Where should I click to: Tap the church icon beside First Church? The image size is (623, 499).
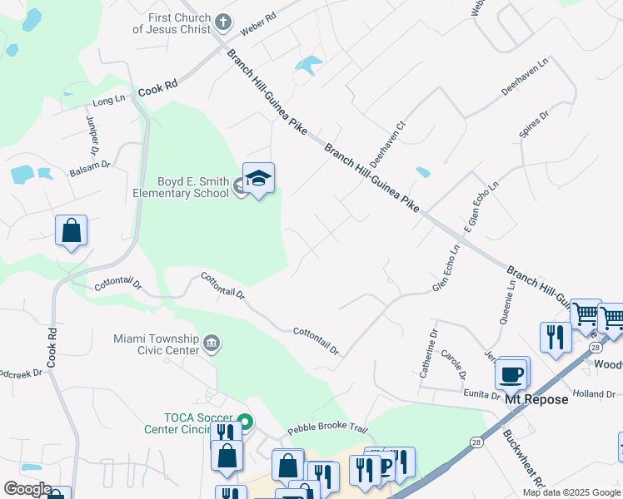tap(223, 22)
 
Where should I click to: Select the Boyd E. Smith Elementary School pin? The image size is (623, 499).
tap(258, 179)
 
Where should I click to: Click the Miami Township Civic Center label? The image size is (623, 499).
tap(157, 344)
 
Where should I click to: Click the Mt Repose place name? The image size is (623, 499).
tap(536, 399)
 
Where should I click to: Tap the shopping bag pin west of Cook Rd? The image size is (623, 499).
tap(72, 230)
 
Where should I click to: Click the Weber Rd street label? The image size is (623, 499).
tap(257, 30)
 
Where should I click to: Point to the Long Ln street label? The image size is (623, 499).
tap(108, 101)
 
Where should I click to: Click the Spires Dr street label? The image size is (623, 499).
tap(534, 126)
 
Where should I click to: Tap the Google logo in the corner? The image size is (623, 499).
tap(27, 489)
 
